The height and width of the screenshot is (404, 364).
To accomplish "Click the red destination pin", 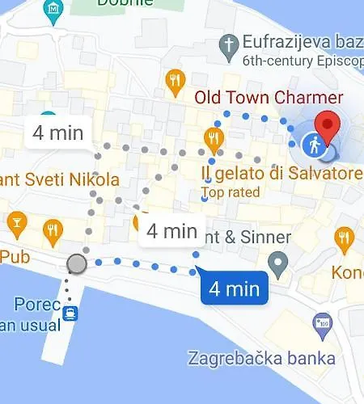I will point(327,128).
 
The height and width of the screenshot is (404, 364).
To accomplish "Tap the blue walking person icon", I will point(315,145).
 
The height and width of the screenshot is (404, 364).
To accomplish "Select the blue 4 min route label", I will point(234,288).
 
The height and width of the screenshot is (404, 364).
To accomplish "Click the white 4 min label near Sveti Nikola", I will point(56,133).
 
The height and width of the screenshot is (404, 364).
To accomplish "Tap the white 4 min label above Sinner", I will point(172,231).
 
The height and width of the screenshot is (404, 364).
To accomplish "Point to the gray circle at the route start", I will point(77,264).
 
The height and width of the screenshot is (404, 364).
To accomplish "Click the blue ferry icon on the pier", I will point(71,313).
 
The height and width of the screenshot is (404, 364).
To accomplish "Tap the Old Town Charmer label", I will point(269,98).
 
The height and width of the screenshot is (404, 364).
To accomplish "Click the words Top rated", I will point(231,192).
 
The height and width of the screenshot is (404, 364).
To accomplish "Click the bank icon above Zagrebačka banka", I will point(323,325).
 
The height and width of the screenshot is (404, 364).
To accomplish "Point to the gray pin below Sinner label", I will point(279,262).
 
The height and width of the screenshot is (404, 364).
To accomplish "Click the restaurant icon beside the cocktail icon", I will point(53,229).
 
